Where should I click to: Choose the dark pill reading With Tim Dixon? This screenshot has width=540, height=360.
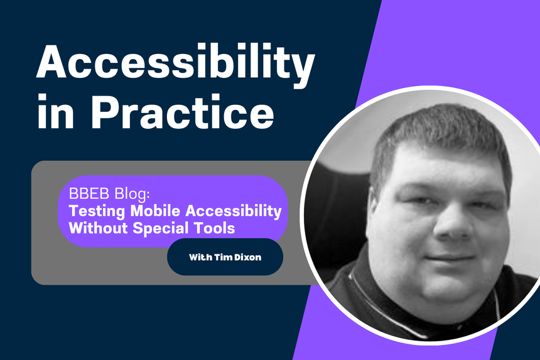[225, 257]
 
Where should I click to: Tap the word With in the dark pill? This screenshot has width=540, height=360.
[199, 258]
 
